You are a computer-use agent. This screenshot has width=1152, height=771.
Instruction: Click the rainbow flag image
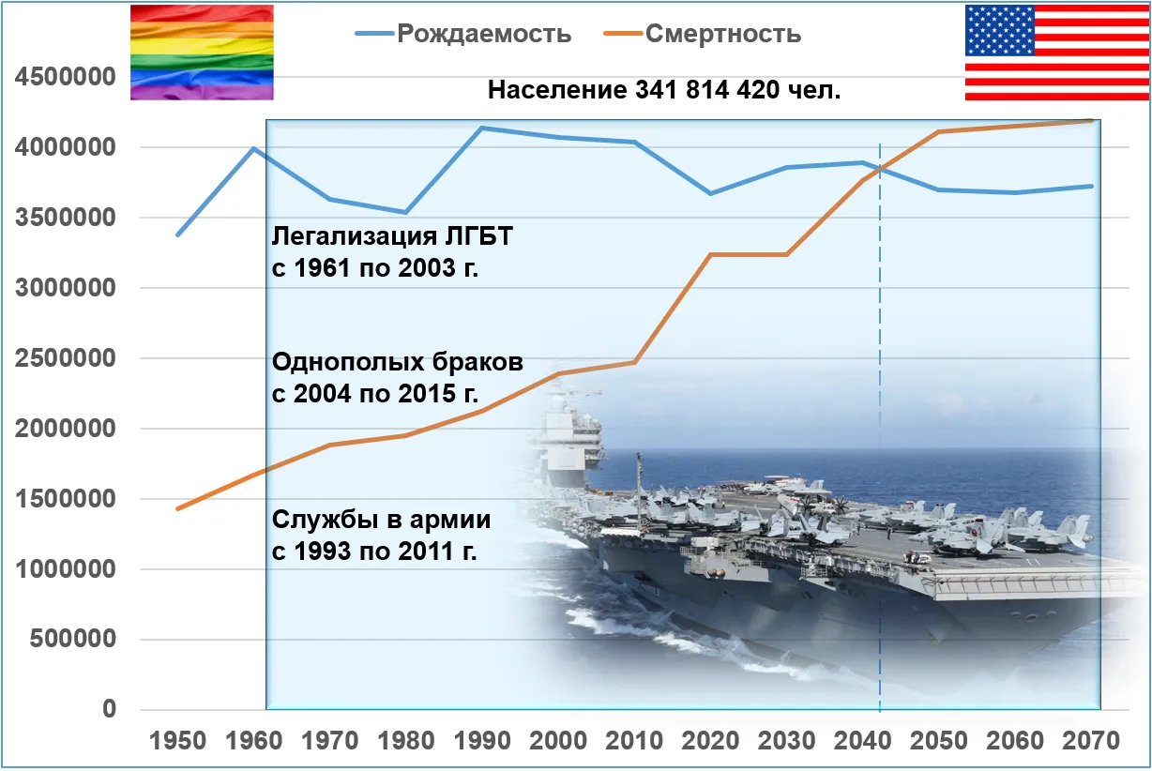pos(202,53)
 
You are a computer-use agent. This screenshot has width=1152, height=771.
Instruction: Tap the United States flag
pos(1056,53)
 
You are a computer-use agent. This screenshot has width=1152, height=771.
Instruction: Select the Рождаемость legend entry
pos(484,34)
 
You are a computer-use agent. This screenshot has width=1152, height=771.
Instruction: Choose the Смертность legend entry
pos(722,34)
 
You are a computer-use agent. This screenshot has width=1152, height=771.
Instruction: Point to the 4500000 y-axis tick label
pos(65,77)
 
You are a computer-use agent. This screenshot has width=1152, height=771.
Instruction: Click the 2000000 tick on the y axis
pos(65,429)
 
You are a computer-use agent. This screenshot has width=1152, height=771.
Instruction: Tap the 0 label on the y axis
pos(110,709)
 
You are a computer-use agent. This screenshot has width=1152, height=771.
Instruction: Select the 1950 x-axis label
pos(177,741)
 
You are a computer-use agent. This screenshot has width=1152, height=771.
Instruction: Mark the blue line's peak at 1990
pos(482,128)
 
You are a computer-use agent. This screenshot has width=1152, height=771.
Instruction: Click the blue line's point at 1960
pos(253,148)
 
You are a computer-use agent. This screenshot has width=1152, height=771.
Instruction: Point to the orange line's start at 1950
pos(177,508)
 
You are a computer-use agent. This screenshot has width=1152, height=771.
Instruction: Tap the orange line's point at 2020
pos(711,254)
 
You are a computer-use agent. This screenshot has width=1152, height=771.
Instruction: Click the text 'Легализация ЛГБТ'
pos(392,236)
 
